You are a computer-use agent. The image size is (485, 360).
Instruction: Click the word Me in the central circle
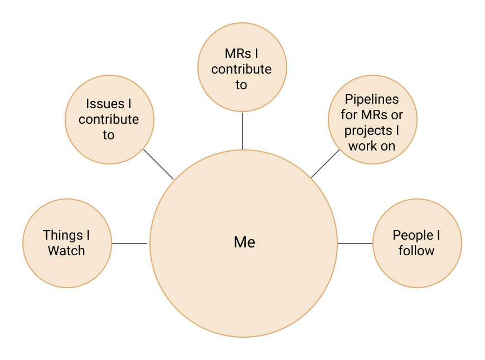[x=244, y=242]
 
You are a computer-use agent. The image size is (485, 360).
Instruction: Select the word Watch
[x=66, y=251]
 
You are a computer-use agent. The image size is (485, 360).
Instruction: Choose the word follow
[x=416, y=251]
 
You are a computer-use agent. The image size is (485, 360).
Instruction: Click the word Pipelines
[x=372, y=100]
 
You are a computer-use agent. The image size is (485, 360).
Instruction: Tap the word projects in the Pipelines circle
[x=368, y=131]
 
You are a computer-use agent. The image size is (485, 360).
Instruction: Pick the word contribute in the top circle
[x=241, y=69]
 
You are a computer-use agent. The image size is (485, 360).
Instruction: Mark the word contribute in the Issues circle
[x=109, y=119]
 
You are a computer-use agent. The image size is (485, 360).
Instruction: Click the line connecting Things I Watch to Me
[x=131, y=244]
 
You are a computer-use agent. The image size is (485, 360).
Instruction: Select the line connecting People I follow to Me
[x=355, y=244]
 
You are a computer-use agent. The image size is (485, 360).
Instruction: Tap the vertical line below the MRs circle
[x=242, y=128]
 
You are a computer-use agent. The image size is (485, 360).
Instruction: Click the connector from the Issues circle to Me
[x=159, y=164]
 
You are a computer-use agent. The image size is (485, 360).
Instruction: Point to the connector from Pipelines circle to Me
[x=326, y=163]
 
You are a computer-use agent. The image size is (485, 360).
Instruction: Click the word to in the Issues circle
[x=108, y=135]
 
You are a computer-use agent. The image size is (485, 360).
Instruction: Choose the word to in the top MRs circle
[x=241, y=85]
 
